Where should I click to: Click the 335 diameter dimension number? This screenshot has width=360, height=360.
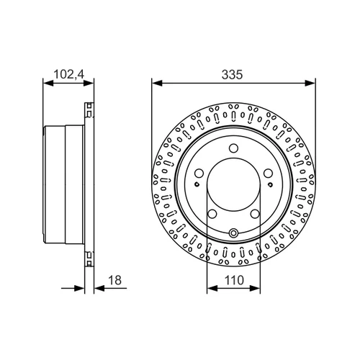point(232,74)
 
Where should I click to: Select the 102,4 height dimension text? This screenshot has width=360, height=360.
point(69,74)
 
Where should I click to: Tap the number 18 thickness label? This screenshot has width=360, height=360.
point(115,280)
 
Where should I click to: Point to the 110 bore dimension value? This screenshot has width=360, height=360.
point(234,280)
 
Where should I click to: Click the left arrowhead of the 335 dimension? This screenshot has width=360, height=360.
point(157,84)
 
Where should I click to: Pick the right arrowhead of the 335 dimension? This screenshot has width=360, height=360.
point(310,84)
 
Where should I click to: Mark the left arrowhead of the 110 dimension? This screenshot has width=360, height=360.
point(212,288)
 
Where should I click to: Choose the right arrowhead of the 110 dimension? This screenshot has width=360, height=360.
point(255,288)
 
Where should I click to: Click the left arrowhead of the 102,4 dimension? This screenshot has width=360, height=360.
point(48,84)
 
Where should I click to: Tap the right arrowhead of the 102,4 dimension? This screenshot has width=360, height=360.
point(88,84)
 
